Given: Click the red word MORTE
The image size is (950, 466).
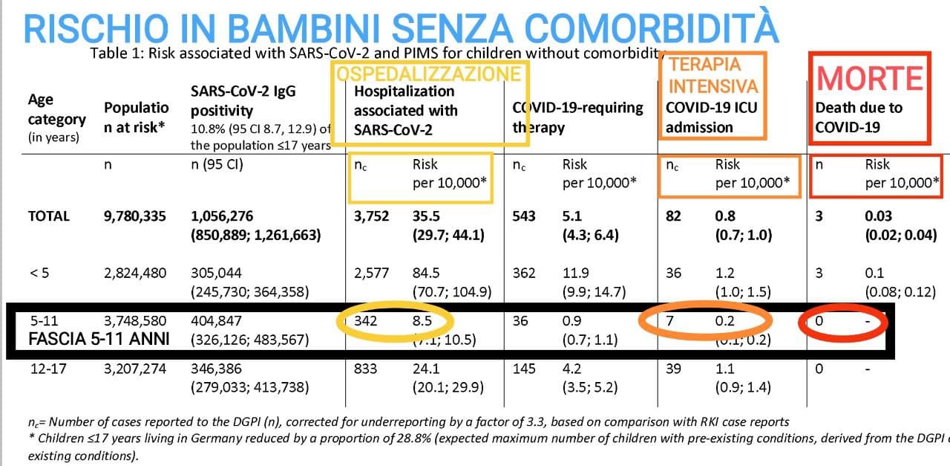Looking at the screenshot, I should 870,78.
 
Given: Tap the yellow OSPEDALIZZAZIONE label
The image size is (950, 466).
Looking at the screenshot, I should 430,73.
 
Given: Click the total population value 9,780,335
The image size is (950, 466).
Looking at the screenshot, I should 135,216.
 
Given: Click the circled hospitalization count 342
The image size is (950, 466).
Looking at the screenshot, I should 366,322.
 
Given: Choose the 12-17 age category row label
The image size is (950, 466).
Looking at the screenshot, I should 45,368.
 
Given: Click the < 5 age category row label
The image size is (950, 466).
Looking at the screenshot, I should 39,273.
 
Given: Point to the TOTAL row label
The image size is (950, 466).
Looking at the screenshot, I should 48,216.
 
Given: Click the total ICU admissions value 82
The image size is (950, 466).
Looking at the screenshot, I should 673,216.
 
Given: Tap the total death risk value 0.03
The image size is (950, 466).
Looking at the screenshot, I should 879,216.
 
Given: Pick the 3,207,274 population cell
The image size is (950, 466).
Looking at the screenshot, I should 135,368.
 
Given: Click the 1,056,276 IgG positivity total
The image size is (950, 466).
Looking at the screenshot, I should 222,216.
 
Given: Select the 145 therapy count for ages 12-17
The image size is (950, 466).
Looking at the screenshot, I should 523,368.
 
